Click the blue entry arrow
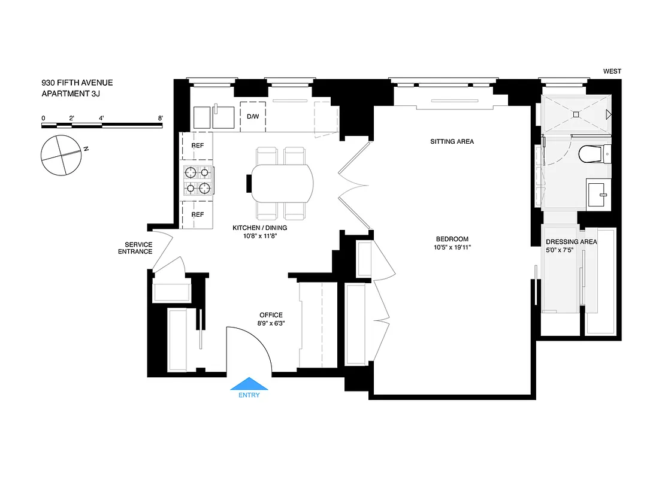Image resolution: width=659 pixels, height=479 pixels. pyautogui.click(x=249, y=384)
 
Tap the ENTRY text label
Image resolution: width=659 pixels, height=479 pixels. pyautogui.click(x=249, y=395)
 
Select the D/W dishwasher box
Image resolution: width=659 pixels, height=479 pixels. pyautogui.click(x=253, y=116)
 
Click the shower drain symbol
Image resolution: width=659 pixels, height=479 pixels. pyautogui.click(x=576, y=114)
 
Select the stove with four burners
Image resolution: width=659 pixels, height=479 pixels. pyautogui.click(x=198, y=181)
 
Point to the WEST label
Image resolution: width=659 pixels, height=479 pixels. pyautogui.click(x=612, y=71)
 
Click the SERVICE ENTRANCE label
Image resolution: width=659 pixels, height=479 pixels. pyautogui.click(x=138, y=248)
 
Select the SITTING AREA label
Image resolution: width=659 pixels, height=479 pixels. pyautogui.click(x=452, y=142)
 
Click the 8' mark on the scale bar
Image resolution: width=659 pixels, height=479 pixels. pyautogui.click(x=161, y=118)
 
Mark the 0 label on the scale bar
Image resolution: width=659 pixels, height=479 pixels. pyautogui.click(x=43, y=118)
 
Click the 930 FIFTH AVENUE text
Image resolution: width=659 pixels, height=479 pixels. pyautogui.click(x=77, y=83)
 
